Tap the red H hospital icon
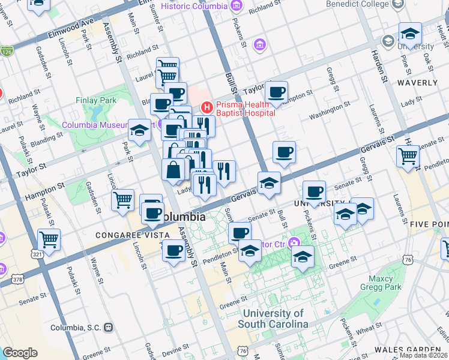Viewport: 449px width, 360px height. pyautogui.click(x=207, y=108)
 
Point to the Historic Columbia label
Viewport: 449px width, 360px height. pyautogui.click(x=194, y=6)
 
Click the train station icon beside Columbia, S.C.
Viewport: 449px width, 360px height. pyautogui.click(x=109, y=328)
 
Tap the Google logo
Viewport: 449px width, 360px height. pyautogui.click(x=20, y=353)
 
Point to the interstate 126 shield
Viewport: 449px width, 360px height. pyautogui.click(x=7, y=52)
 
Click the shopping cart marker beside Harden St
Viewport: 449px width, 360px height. pyautogui.click(x=408, y=156)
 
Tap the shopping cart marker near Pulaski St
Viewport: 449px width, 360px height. pyautogui.click(x=49, y=240)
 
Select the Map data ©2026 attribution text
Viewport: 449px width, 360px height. pyautogui.click(x=424, y=355)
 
